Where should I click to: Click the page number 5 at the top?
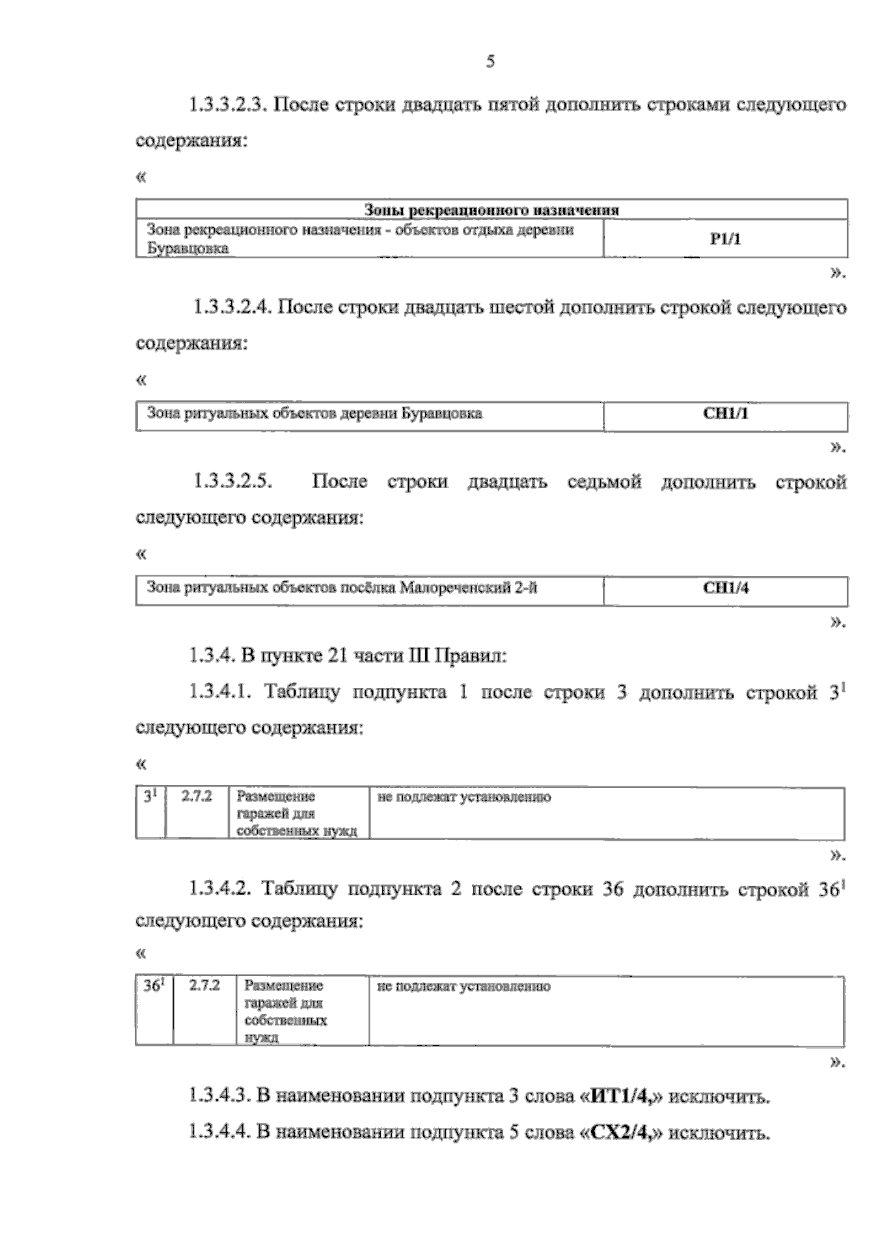tap(490, 62)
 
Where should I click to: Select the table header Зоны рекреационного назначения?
tap(492, 210)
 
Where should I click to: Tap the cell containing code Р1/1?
tap(725, 238)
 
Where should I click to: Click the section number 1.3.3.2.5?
tap(233, 482)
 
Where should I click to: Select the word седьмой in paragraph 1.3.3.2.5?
tap(604, 482)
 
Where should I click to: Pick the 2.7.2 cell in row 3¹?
tap(196, 797)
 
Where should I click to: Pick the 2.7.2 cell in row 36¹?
tap(204, 986)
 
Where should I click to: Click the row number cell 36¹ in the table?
tap(153, 986)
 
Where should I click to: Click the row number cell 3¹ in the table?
tap(150, 797)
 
